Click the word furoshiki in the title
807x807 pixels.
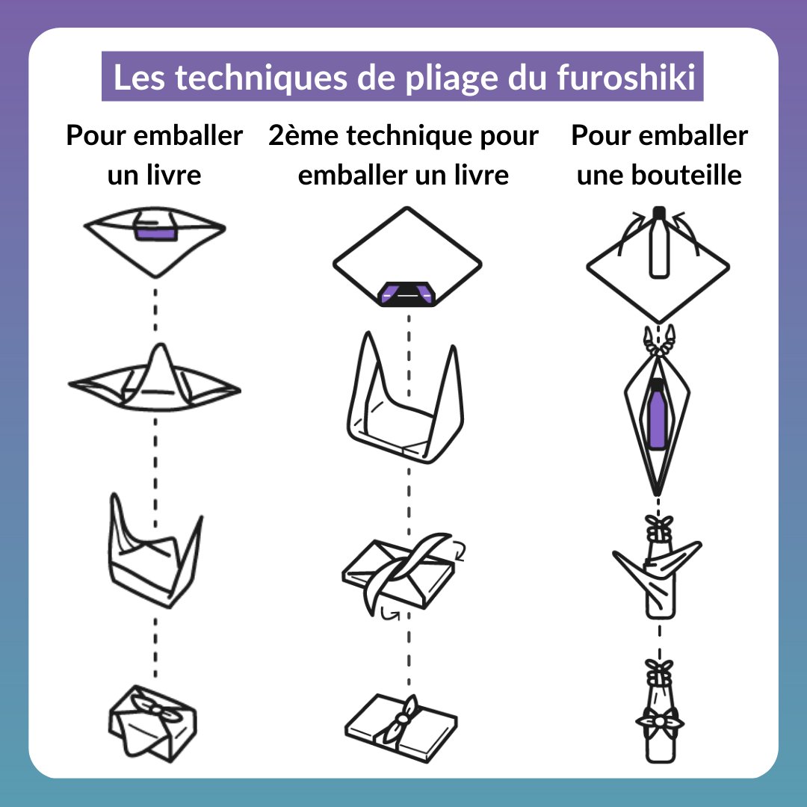pos(626,77)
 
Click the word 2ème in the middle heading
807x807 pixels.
pos(303,135)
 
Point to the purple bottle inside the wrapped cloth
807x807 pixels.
pos(658,414)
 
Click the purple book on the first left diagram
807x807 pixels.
pos(155,234)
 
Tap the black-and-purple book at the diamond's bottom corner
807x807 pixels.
pos(407,294)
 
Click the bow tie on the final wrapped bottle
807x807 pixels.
pos(659,720)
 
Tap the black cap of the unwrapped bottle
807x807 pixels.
pos(659,213)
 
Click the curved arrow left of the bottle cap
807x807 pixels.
pos(632,232)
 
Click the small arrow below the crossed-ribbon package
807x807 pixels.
pos(390,613)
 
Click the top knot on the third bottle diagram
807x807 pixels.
pos(659,525)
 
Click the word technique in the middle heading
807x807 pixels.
pos(409,136)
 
